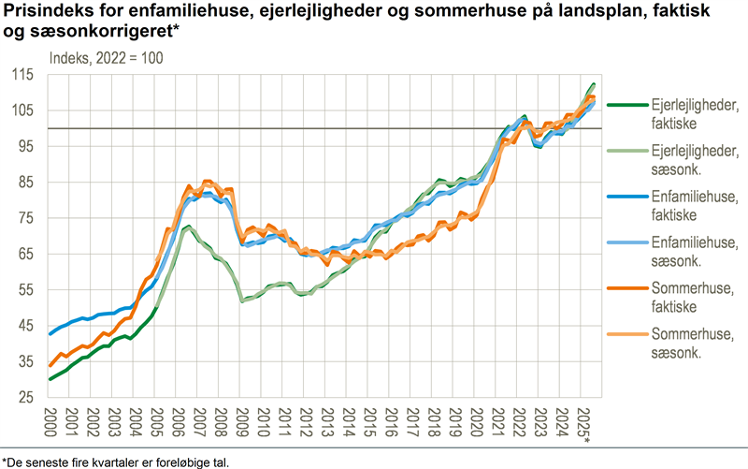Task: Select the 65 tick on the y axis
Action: pyautogui.click(x=23, y=254)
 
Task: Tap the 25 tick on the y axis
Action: pyautogui.click(x=23, y=397)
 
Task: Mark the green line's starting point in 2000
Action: pyautogui.click(x=50, y=379)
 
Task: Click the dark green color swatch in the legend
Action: pyautogui.click(x=622, y=106)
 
